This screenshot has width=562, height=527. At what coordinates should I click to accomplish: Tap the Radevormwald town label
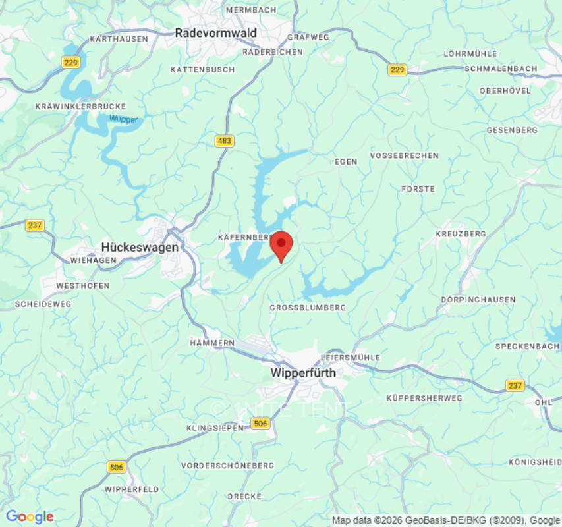click(216, 32)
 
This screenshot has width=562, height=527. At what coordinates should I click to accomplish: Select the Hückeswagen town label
click(140, 247)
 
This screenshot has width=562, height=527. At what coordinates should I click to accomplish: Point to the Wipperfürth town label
click(303, 373)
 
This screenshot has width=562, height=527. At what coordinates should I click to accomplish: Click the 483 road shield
click(225, 141)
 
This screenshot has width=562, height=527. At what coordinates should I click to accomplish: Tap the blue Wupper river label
click(123, 119)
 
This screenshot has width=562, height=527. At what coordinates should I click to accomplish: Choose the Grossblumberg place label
click(308, 308)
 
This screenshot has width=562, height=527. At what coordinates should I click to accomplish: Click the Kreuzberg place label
click(461, 234)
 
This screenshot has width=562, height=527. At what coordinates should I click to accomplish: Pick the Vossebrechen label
click(404, 156)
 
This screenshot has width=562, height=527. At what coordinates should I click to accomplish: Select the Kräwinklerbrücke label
click(80, 106)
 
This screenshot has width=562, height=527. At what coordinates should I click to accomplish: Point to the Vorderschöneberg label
click(227, 466)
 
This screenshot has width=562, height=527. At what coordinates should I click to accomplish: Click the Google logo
click(30, 517)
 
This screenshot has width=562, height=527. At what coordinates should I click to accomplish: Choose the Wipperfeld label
click(131, 489)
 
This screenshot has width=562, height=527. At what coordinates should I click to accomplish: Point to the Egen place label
click(346, 161)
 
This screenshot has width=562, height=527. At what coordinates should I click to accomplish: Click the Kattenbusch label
click(202, 70)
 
